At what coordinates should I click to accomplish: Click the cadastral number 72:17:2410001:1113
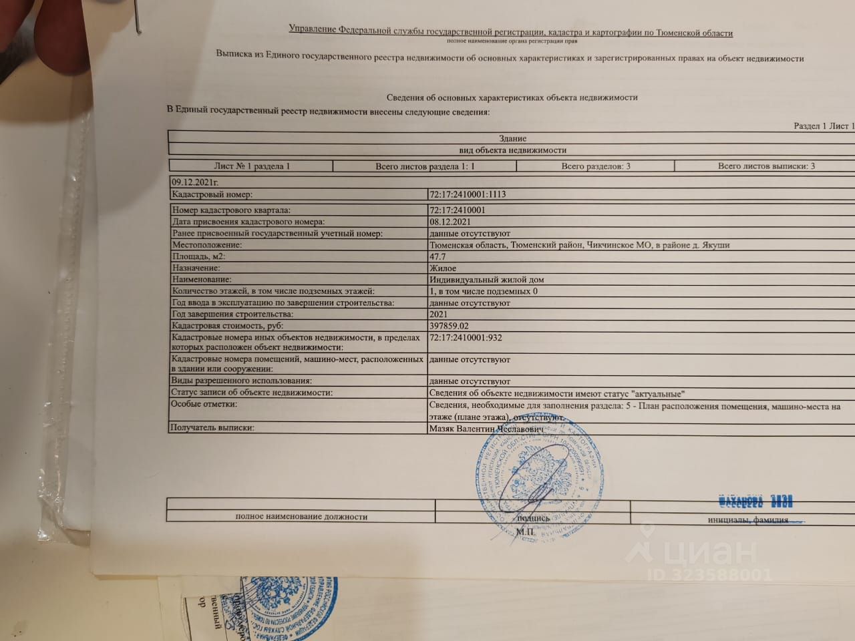pyautogui.click(x=468, y=194)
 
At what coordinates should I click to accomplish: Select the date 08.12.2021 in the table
pyautogui.click(x=454, y=222)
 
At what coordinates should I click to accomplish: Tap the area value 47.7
pyautogui.click(x=438, y=256)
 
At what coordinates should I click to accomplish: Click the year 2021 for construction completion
pyautogui.click(x=439, y=314)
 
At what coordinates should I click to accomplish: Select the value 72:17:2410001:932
pyautogui.click(x=465, y=338)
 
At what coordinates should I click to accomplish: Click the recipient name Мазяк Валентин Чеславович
pyautogui.click(x=487, y=429)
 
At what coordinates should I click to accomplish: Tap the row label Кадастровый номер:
pyautogui.click(x=212, y=194)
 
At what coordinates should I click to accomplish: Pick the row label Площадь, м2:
pyautogui.click(x=199, y=256)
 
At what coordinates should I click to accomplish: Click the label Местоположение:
pyautogui.click(x=207, y=245)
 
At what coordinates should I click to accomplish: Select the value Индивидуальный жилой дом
pyautogui.click(x=490, y=280)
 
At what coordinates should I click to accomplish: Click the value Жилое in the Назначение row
pyautogui.click(x=442, y=268)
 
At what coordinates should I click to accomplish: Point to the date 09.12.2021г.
pyautogui.click(x=195, y=182)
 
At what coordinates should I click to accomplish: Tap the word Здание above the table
pyautogui.click(x=512, y=138)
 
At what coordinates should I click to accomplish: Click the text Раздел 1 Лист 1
pyautogui.click(x=824, y=126)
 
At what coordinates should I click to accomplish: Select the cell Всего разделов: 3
pyautogui.click(x=596, y=166)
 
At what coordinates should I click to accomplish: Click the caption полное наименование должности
pyautogui.click(x=301, y=516)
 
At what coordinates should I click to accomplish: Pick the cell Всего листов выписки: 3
pyautogui.click(x=765, y=166)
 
